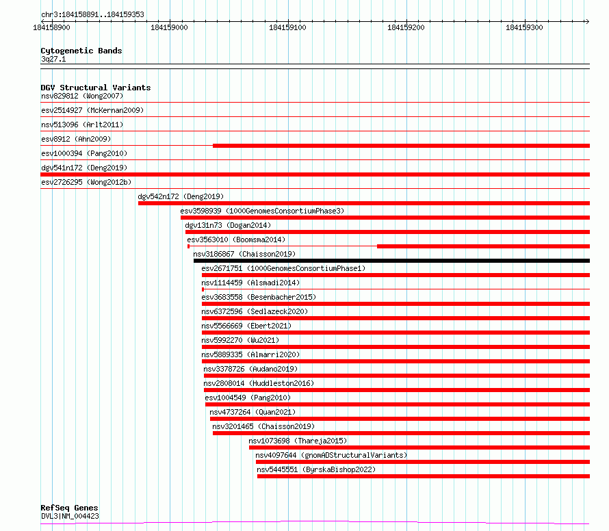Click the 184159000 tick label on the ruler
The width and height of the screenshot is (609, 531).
pyautogui.click(x=169, y=27)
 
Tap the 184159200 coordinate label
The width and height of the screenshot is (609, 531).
pyautogui.click(x=406, y=27)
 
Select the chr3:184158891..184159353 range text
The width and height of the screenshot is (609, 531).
pyautogui.click(x=92, y=15)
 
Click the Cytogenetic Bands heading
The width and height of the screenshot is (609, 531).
pyautogui.click(x=81, y=51)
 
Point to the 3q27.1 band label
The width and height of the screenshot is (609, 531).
pyautogui.click(x=53, y=59)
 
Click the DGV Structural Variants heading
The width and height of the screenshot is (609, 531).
pyautogui.click(x=96, y=88)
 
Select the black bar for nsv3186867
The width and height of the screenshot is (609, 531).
pyautogui.click(x=391, y=261)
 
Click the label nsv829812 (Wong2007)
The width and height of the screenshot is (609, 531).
pyautogui.click(x=82, y=96)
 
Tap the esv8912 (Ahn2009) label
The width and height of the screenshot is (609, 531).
pyautogui.click(x=76, y=139)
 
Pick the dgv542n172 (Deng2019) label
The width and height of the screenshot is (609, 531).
pyautogui.click(x=181, y=196)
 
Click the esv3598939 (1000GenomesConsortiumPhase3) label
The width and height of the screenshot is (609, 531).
pyautogui.click(x=262, y=211)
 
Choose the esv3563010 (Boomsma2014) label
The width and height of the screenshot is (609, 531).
pyautogui.click(x=236, y=239)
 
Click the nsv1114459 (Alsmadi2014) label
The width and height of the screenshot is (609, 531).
pyautogui.click(x=250, y=283)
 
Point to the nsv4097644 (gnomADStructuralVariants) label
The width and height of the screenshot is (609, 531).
pyautogui.click(x=331, y=455)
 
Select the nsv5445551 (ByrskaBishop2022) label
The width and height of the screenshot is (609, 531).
pyautogui.click(x=316, y=469)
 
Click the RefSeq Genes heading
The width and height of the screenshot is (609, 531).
pyautogui.click(x=70, y=508)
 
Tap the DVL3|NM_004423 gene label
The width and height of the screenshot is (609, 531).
pyautogui.click(x=70, y=516)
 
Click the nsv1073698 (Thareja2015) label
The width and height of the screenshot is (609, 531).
pyautogui.click(x=298, y=441)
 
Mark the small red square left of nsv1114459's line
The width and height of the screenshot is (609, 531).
pyautogui.click(x=203, y=289)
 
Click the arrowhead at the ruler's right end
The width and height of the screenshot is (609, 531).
pyautogui.click(x=587, y=21)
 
